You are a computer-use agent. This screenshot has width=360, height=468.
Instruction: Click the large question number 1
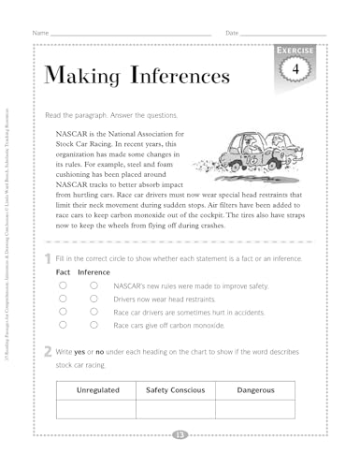pyautogui.click(x=48, y=257)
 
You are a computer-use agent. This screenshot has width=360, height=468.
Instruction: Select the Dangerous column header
pyautogui.click(x=255, y=389)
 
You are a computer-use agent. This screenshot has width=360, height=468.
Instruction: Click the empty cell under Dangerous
pyautogui.click(x=255, y=408)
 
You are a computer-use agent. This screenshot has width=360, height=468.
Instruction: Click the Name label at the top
pyautogui.click(x=40, y=33)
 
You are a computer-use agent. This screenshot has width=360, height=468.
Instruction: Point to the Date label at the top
pyautogui.click(x=233, y=33)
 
